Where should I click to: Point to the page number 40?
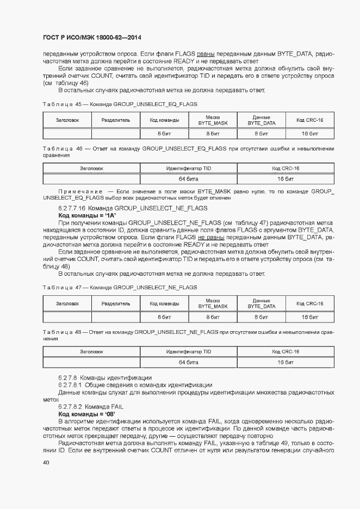click(x=46, y=463)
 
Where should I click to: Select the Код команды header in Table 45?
click(x=165, y=120)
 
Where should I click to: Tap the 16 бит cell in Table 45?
click(x=309, y=133)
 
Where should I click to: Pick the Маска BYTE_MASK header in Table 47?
click(x=213, y=303)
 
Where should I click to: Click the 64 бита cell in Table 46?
click(x=188, y=178)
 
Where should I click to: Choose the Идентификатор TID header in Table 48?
click(x=188, y=352)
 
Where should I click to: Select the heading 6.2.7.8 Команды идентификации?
click(x=105, y=377)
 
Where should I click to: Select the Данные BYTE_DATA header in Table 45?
click(x=262, y=120)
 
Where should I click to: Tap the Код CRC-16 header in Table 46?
click(x=285, y=169)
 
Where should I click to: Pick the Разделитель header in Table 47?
click(x=116, y=303)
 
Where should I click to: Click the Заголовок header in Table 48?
click(x=91, y=352)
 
